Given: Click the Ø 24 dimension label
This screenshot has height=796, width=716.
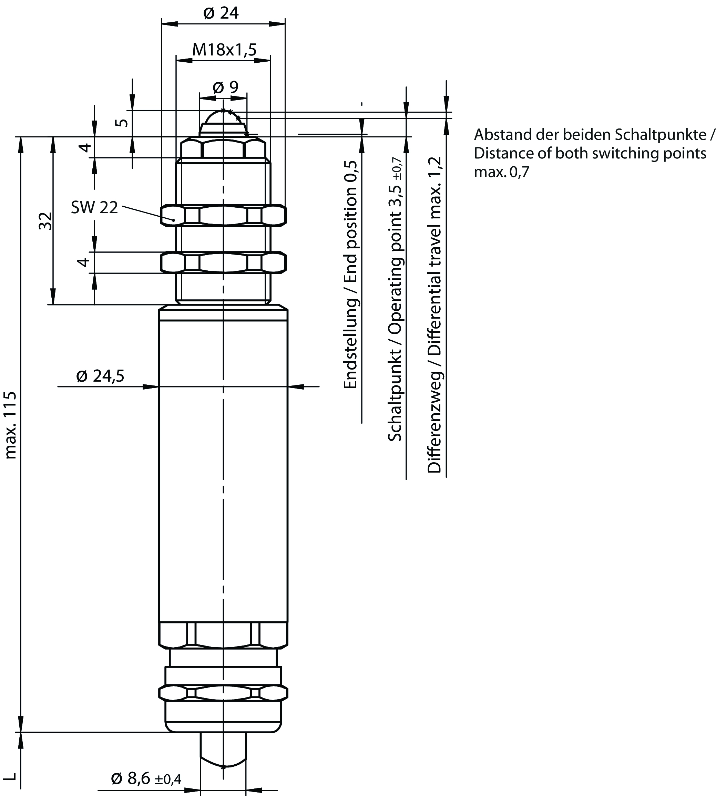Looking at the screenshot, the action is [x=221, y=13].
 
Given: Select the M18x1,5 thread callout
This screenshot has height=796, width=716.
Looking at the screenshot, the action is [x=224, y=50].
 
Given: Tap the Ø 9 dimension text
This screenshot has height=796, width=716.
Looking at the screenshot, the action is [x=225, y=87].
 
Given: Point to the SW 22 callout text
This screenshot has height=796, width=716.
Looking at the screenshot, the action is [x=94, y=207].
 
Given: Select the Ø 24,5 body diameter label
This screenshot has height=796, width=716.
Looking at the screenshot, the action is [x=100, y=376].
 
